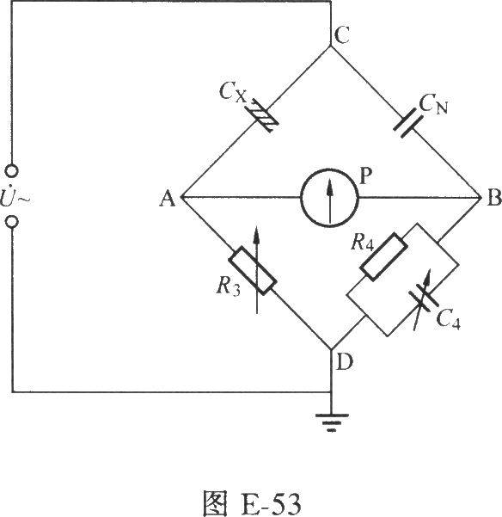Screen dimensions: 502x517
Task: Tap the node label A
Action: [168, 199]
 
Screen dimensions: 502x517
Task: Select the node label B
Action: [494, 198]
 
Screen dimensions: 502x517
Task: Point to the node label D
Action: [345, 361]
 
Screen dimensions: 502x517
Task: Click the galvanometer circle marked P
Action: [329, 198]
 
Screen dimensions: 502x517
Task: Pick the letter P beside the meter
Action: [366, 175]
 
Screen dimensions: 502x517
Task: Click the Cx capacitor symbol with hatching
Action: [265, 115]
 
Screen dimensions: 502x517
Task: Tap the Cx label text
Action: [232, 92]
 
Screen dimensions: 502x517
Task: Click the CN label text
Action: [433, 105]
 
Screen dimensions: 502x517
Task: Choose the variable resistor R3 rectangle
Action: [253, 270]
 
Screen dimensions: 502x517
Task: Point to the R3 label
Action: [228, 286]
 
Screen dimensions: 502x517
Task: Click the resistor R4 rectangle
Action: [383, 257]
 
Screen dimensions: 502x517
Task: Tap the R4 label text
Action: [363, 242]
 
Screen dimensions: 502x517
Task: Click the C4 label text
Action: [448, 319]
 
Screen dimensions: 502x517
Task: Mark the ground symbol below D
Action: [332, 422]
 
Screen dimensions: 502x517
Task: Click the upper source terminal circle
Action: [12, 171]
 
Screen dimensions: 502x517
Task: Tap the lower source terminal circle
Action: [12, 222]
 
